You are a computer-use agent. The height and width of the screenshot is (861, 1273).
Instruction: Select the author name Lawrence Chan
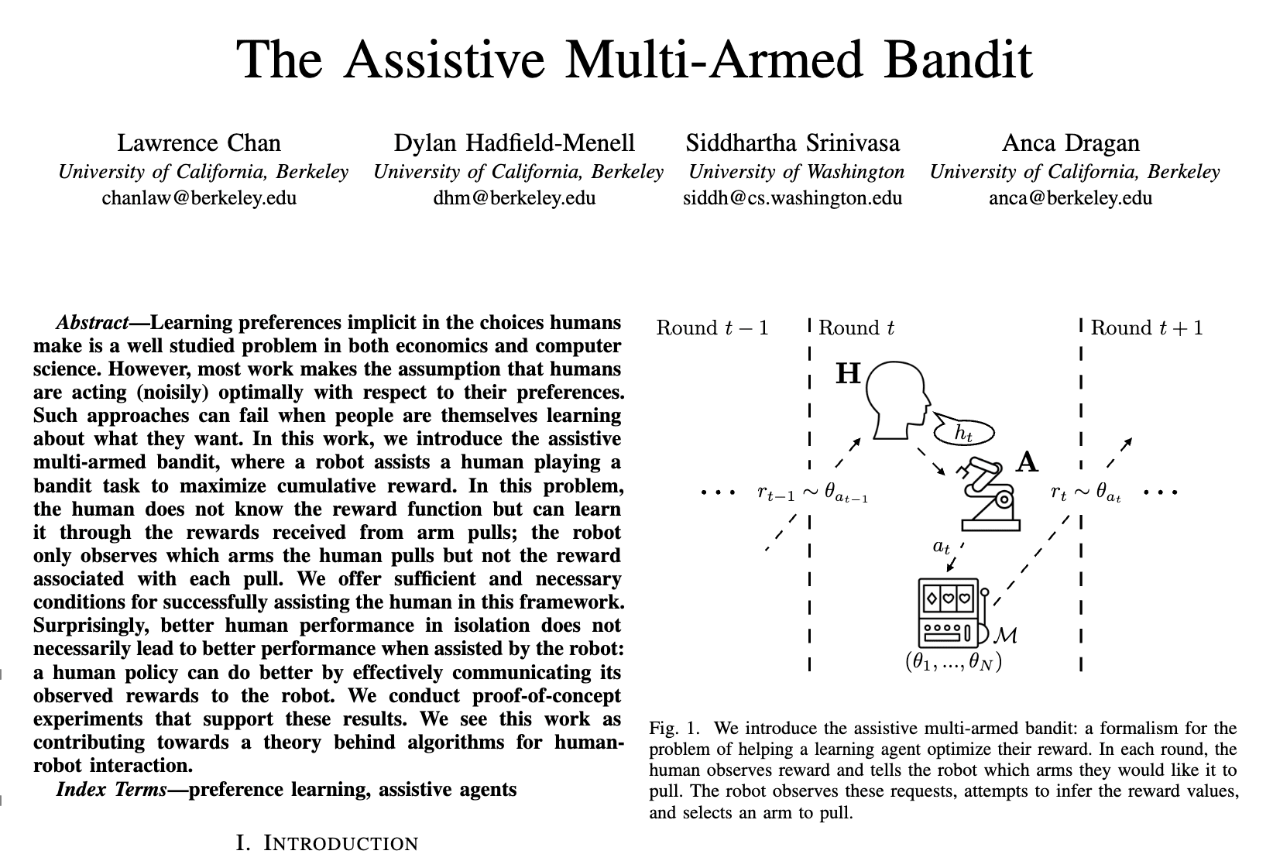tap(199, 143)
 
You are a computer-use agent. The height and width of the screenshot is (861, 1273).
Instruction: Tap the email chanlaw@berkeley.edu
tap(199, 197)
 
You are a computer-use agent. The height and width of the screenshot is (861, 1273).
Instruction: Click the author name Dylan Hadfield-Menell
tap(514, 143)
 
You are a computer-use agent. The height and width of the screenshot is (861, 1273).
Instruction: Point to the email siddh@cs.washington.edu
tap(792, 197)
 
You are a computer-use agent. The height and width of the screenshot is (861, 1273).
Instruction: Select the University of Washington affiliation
tap(796, 171)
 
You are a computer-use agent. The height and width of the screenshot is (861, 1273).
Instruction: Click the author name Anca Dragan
tap(1071, 143)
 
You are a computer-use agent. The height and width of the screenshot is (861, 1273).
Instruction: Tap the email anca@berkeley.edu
tap(1071, 197)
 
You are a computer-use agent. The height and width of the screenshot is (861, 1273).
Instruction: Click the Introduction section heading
tap(327, 843)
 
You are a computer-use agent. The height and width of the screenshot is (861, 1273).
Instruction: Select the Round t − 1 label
tap(712, 328)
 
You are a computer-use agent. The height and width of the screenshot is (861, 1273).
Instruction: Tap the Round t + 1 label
tap(1147, 328)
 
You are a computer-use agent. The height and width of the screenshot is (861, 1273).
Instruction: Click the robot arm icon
tap(988, 496)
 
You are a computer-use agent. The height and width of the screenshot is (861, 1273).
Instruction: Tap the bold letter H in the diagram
tap(849, 374)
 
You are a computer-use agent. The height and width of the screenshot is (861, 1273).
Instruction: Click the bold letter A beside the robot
tap(1027, 462)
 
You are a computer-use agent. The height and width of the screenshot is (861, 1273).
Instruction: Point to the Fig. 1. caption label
tap(674, 729)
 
